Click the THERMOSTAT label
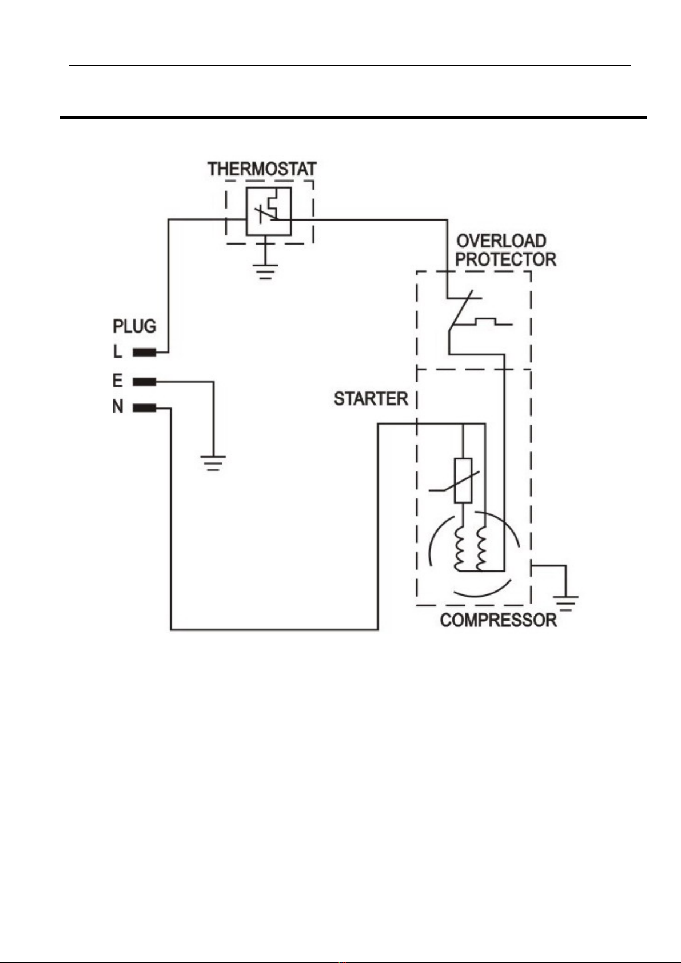(262, 169)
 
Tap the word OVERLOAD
(501, 241)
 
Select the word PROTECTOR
(506, 259)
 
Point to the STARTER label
(371, 399)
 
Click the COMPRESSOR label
(498, 620)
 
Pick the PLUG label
(134, 327)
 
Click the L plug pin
(145, 353)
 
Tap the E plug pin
(145, 381)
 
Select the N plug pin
(145, 408)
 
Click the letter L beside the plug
(117, 352)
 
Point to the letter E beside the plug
(117, 381)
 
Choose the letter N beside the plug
(118, 407)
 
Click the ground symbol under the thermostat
(265, 271)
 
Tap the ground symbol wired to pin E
(213, 463)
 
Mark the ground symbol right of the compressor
(565, 603)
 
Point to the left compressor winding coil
(459, 547)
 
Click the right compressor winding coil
(481, 547)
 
